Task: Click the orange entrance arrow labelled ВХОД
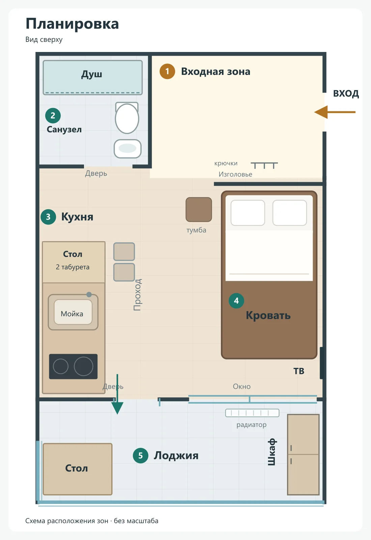(335, 112)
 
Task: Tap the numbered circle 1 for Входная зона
(167, 71)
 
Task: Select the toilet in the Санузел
(127, 118)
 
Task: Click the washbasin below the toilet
(127, 148)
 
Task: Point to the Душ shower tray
(93, 77)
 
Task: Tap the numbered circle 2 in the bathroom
(53, 115)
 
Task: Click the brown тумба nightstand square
(199, 210)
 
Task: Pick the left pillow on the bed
(248, 213)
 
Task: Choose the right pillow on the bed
(290, 213)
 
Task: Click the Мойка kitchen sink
(73, 312)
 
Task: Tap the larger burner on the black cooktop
(83, 367)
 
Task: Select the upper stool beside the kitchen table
(124, 252)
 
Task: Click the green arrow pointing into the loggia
(117, 394)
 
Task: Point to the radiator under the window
(252, 413)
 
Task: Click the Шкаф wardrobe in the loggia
(303, 455)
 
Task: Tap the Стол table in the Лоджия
(78, 469)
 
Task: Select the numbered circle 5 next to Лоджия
(140, 455)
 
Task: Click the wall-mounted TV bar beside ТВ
(321, 363)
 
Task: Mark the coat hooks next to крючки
(264, 165)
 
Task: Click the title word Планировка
(72, 24)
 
